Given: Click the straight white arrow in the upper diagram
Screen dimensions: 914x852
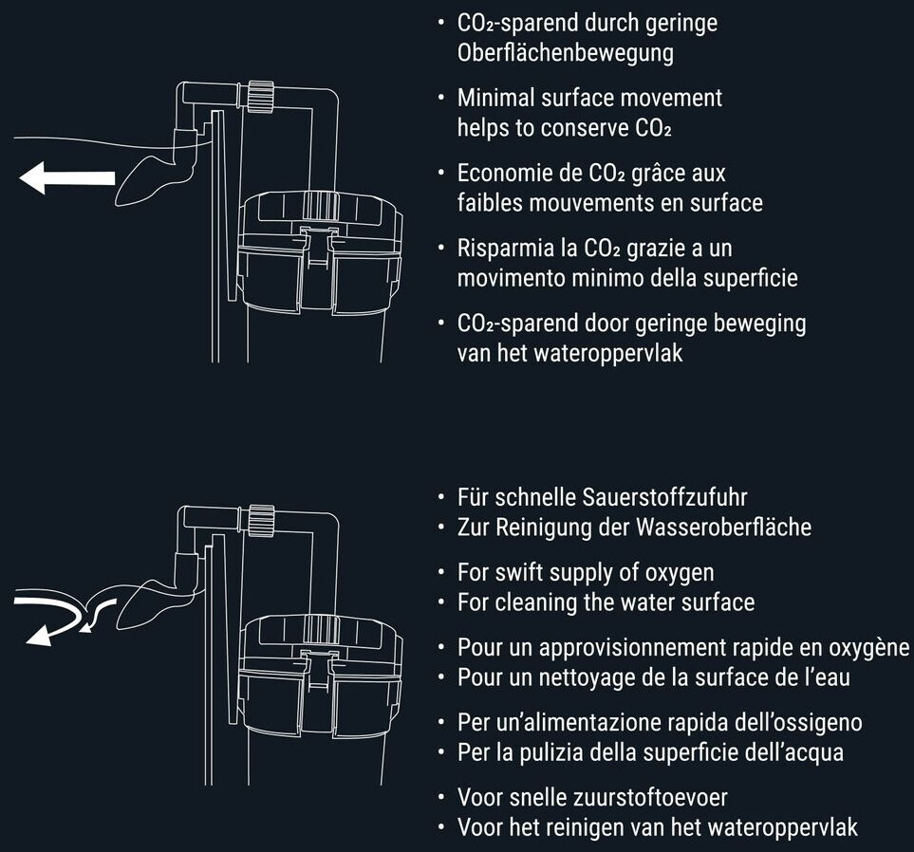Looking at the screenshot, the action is click(x=67, y=177).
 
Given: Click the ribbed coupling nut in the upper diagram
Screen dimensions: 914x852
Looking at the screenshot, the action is click(x=260, y=96).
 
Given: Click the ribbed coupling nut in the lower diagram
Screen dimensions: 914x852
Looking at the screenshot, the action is click(x=260, y=520).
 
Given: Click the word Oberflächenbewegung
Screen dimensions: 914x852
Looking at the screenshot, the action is click(x=566, y=52).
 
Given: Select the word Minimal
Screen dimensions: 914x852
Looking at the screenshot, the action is click(x=496, y=98).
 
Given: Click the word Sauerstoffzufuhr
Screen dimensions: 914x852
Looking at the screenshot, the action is click(x=664, y=497).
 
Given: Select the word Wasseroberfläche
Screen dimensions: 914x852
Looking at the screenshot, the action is click(x=724, y=528).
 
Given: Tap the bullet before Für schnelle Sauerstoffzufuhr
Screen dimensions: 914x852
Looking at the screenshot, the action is click(x=442, y=498).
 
